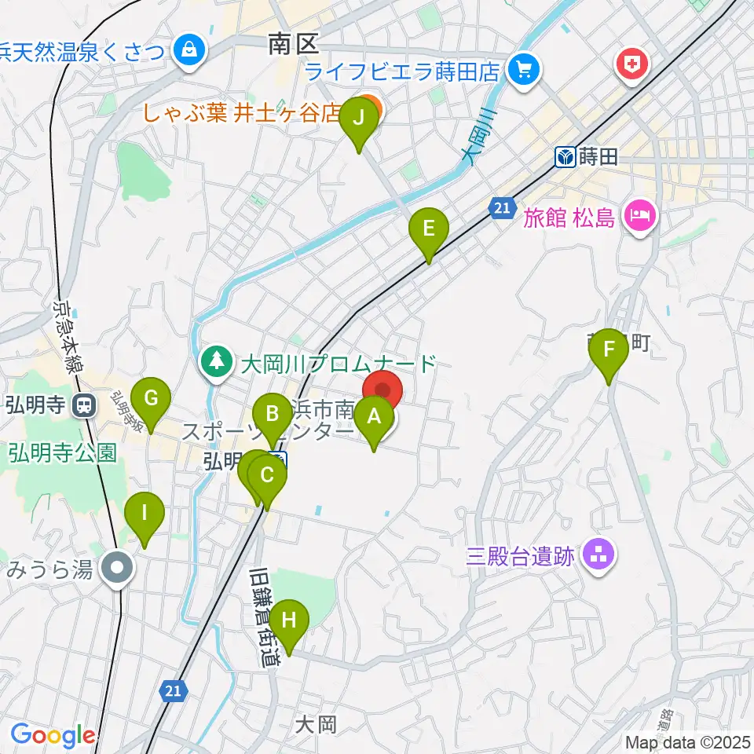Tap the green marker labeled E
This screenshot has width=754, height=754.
pos(429,230)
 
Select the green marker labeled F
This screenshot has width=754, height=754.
pos(609,350)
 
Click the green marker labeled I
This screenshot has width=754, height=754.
pos(145,514)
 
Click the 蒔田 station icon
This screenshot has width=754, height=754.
pos(565,157)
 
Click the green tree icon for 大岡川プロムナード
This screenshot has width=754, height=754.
pos(214,362)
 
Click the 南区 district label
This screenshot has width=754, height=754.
pos(291,43)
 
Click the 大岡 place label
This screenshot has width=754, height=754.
pos(317,723)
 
